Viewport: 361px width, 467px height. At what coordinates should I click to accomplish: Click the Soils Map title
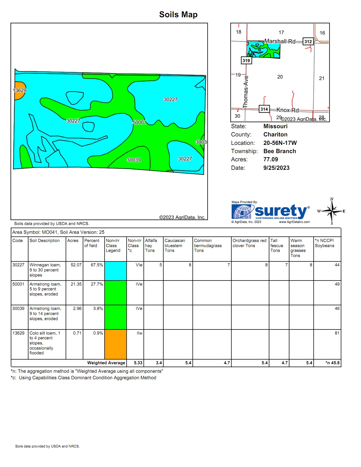(x=178, y=14)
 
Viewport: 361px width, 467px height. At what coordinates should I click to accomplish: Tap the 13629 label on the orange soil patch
(x=20, y=90)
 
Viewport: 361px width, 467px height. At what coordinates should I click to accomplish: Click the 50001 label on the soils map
(x=139, y=122)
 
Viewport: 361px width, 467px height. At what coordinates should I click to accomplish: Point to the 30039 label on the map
(x=134, y=160)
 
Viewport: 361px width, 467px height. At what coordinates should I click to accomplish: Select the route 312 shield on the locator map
(x=308, y=41)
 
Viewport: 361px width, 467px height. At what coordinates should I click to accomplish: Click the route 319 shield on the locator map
(x=246, y=60)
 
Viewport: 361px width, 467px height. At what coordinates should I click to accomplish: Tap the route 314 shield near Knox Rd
(x=264, y=109)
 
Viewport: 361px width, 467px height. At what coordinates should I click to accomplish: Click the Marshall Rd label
(x=280, y=41)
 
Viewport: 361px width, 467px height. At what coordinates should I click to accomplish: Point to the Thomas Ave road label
(x=245, y=92)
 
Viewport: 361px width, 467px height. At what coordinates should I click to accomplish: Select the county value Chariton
(x=275, y=134)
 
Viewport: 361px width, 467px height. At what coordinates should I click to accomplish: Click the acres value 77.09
(x=270, y=159)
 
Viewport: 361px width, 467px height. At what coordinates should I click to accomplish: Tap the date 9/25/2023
(x=276, y=168)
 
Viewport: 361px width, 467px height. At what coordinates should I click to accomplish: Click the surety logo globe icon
(x=242, y=212)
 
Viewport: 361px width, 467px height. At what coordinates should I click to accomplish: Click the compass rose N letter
(x=332, y=199)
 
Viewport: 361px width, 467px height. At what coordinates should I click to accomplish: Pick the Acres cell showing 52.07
(x=76, y=265)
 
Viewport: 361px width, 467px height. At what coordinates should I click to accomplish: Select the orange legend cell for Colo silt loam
(x=115, y=344)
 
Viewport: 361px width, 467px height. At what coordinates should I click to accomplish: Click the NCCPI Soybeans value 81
(x=337, y=333)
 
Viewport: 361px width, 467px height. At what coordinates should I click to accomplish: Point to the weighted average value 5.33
(x=138, y=363)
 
